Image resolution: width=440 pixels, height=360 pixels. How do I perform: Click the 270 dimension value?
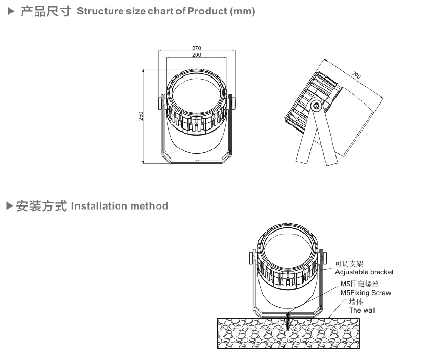196,48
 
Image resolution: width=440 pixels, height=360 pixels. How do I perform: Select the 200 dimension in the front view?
196,55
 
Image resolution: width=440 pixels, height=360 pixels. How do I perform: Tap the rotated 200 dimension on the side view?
356,75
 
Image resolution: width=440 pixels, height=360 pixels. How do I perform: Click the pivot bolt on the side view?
317,106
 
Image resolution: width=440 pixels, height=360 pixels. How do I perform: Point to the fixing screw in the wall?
288,321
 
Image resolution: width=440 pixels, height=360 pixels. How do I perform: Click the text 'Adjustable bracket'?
364,272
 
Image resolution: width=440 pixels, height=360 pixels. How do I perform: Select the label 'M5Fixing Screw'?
366,293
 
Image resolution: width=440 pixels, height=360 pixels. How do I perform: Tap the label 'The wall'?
362,310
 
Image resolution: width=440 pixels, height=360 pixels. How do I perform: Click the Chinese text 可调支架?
349,264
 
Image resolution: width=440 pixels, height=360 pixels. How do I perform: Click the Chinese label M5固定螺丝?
360,284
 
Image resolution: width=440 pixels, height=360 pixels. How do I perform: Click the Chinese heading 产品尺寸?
45,11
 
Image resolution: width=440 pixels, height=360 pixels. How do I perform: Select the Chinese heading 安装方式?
41,206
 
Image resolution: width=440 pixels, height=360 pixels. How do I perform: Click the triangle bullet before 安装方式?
9,206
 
